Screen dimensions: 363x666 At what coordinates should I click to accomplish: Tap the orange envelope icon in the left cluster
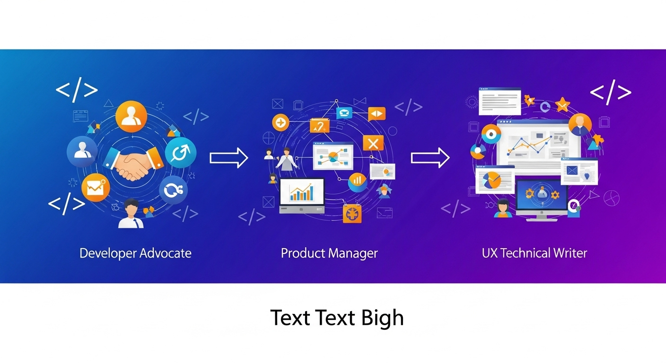(96, 188)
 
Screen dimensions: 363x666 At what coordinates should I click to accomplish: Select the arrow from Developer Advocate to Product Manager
(229, 157)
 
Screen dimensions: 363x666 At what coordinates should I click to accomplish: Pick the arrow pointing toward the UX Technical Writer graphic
(430, 157)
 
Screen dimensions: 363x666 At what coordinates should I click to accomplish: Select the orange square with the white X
(373, 143)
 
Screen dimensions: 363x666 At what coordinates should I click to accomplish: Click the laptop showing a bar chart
(302, 195)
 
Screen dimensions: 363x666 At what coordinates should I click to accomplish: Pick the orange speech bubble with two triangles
(377, 114)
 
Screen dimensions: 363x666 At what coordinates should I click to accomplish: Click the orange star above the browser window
(562, 104)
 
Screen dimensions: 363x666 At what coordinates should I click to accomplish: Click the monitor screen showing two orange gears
(542, 194)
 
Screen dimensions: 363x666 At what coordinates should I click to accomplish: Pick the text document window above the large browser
(499, 101)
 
